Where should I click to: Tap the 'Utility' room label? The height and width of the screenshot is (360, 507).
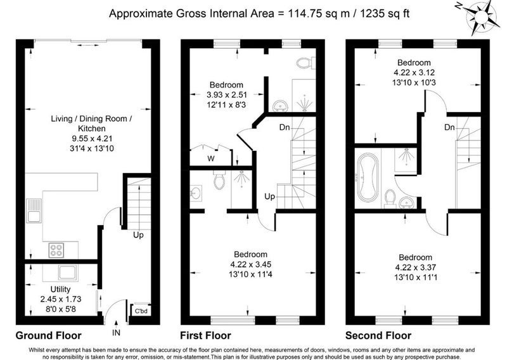(x=60, y=289)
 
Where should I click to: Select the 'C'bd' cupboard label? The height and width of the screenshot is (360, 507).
(x=141, y=311)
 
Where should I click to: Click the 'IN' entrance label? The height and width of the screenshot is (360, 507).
(x=116, y=332)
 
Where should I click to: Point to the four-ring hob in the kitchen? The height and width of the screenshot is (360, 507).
(x=56, y=250)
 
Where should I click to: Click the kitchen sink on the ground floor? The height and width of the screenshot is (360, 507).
(x=34, y=210)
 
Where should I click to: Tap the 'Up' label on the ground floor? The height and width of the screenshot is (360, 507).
(x=138, y=235)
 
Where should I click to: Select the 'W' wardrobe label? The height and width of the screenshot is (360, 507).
(x=211, y=158)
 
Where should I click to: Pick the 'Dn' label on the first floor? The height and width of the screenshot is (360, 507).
(x=285, y=127)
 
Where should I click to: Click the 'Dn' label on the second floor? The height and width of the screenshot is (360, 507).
(x=449, y=127)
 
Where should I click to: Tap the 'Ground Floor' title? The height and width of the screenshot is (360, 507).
(x=49, y=335)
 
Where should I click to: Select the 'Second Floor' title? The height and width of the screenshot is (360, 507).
(x=378, y=335)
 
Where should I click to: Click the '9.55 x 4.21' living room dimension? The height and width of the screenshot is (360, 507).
(x=92, y=138)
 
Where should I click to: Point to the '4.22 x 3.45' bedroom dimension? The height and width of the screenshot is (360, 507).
(x=250, y=264)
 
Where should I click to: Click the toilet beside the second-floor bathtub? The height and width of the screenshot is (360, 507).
(x=390, y=198)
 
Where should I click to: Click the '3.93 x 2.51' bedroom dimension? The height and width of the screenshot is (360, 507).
(x=227, y=95)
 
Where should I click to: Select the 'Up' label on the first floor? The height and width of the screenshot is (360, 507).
(x=270, y=196)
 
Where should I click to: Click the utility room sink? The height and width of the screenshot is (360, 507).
(x=68, y=273)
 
